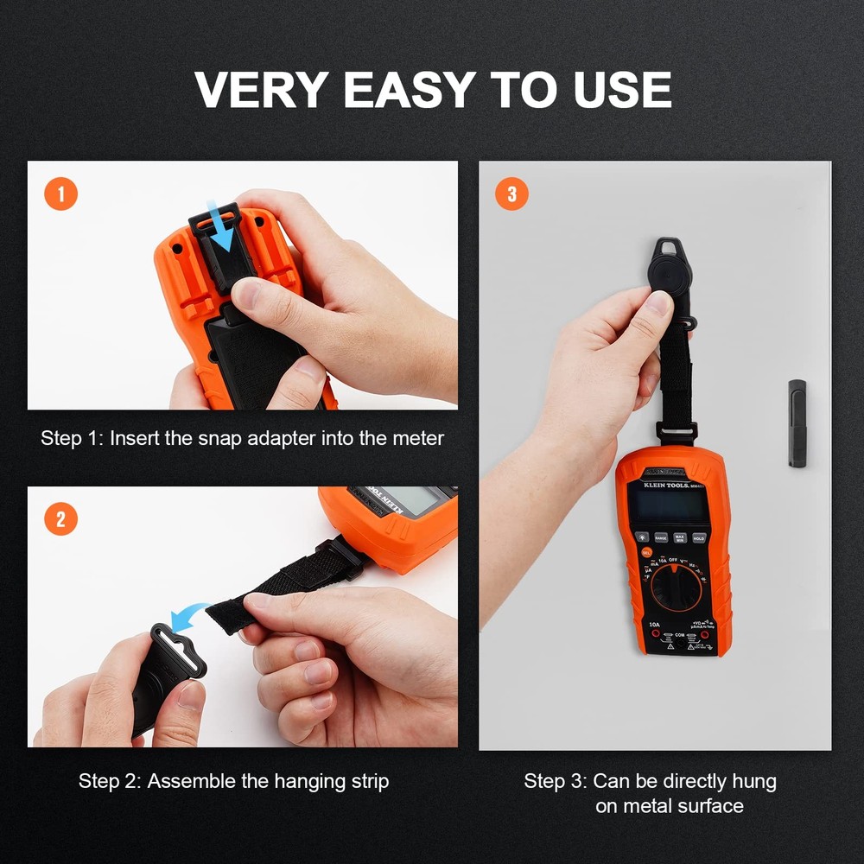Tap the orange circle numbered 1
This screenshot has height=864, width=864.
pyautogui.click(x=60, y=194)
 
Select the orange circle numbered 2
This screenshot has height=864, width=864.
pyautogui.click(x=60, y=519)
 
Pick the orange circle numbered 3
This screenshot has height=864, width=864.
pyautogui.click(x=511, y=194)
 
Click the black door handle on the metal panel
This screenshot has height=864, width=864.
pyautogui.click(x=797, y=423)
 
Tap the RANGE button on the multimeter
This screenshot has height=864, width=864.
pyautogui.click(x=660, y=537)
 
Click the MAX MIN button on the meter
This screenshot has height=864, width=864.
pyautogui.click(x=680, y=537)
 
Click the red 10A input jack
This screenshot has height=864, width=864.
pyautogui.click(x=656, y=635)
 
